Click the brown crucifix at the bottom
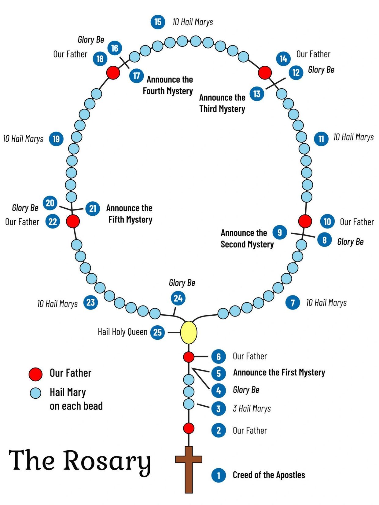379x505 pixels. coord(189,467)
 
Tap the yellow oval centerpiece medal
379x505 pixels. coord(189,332)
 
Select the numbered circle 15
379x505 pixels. coord(158,22)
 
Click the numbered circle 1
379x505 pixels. coord(219,475)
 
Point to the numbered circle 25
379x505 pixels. coord(157,332)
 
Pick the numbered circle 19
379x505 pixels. coord(56,139)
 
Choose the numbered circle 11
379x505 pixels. coord(321,139)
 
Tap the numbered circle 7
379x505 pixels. coord(293,303)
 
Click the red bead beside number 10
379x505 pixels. coord(305,221)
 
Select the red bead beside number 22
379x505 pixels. coord(73,221)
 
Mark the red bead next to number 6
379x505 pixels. coord(189,357)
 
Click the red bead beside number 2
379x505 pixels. coord(189,428)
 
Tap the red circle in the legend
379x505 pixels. coord(35,374)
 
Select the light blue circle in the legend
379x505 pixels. coord(35,393)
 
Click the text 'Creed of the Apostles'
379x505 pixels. coord(269,475)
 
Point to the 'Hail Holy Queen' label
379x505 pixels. coord(123,332)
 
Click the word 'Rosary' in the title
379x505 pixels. coord(107,461)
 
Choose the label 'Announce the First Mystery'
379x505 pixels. coord(279,372)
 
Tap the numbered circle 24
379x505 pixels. coord(178,298)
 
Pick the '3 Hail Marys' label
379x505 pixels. coord(252,408)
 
